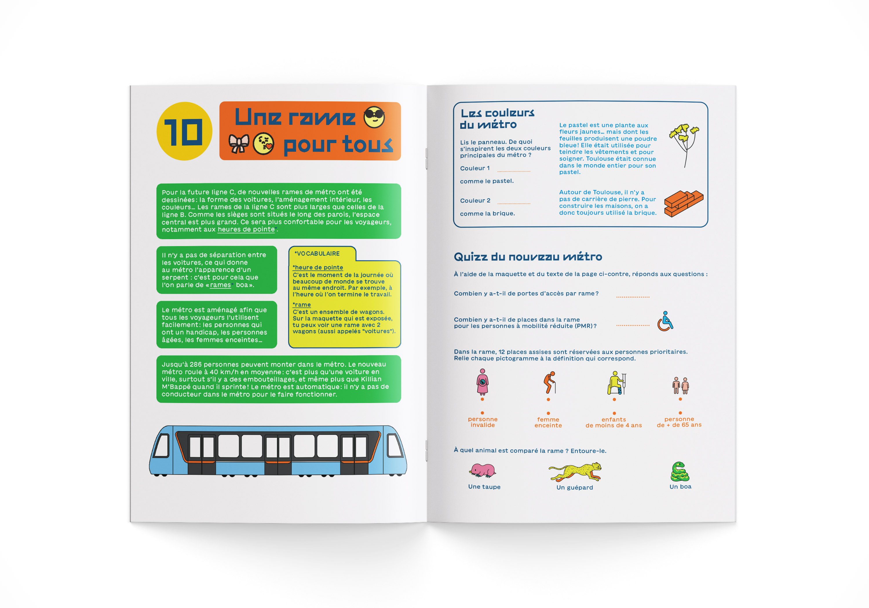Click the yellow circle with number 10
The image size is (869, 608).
[184, 131]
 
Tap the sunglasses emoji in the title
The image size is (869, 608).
[374, 117]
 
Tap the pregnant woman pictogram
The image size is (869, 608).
[482, 382]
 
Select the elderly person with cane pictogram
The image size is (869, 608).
[549, 382]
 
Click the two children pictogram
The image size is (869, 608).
[680, 385]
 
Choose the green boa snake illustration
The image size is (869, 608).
[680, 471]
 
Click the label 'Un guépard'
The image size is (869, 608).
[574, 487]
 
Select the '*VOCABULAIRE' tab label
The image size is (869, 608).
[317, 254]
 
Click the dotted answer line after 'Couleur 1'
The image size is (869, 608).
[514, 171]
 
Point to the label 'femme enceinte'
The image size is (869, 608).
[548, 422]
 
